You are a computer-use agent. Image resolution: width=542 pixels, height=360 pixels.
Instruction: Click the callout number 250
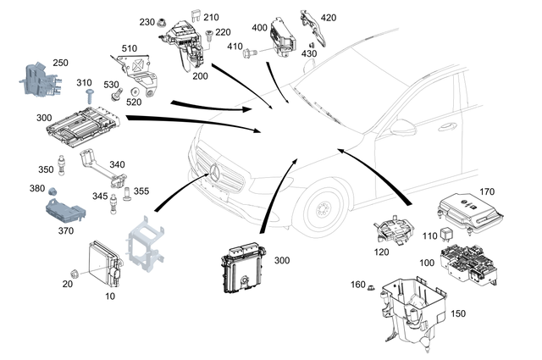coord(60,63)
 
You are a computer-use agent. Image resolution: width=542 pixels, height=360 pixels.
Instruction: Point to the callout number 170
coord(486,192)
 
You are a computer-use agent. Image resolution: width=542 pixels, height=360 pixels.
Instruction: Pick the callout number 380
coord(38,189)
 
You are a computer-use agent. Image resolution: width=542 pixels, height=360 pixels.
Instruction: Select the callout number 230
coord(146,21)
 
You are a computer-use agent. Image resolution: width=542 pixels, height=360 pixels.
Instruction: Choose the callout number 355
coord(141,191)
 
